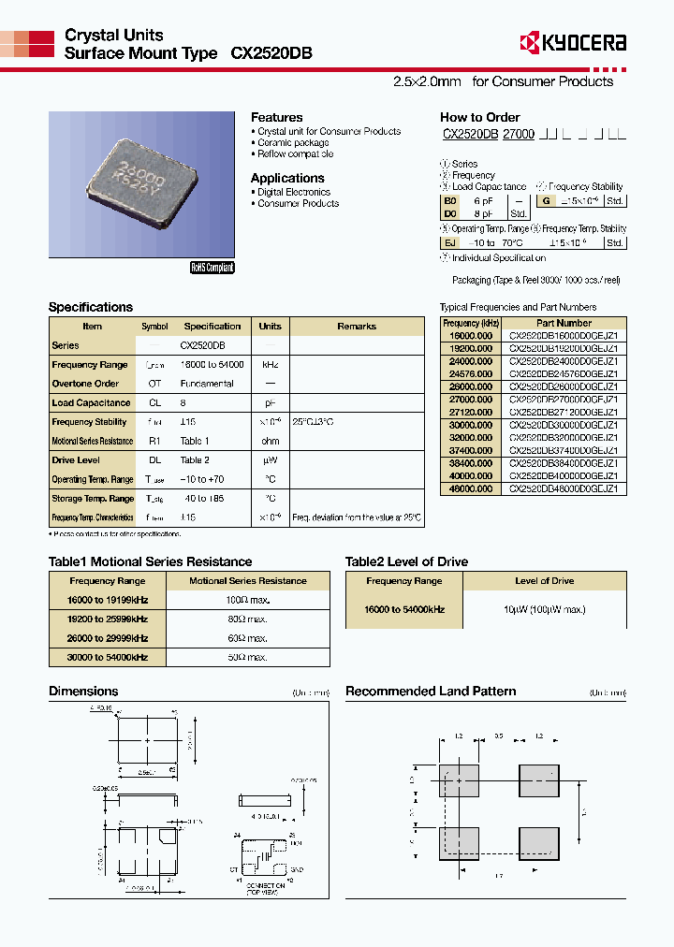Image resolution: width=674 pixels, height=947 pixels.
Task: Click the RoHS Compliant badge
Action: point(212,268)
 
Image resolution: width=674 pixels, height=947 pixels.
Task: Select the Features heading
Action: point(276,117)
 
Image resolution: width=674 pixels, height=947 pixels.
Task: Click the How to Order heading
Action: point(479,117)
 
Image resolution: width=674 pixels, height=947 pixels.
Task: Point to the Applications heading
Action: point(287,178)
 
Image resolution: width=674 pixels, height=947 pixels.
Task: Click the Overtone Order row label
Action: point(85,384)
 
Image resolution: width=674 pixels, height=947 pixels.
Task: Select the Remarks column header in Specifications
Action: point(356,327)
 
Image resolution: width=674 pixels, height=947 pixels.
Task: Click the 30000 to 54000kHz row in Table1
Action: point(102,657)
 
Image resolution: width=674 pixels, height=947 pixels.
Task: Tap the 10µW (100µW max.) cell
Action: point(544,609)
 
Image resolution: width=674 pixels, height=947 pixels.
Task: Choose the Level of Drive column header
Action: point(544,581)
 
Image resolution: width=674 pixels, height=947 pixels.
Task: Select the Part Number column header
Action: point(564,323)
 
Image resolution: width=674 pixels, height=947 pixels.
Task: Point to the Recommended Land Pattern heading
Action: point(431,692)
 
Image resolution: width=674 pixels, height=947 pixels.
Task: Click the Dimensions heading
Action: point(83,692)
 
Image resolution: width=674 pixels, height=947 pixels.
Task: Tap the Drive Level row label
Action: point(76,460)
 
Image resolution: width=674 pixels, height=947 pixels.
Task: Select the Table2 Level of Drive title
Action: point(406,561)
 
